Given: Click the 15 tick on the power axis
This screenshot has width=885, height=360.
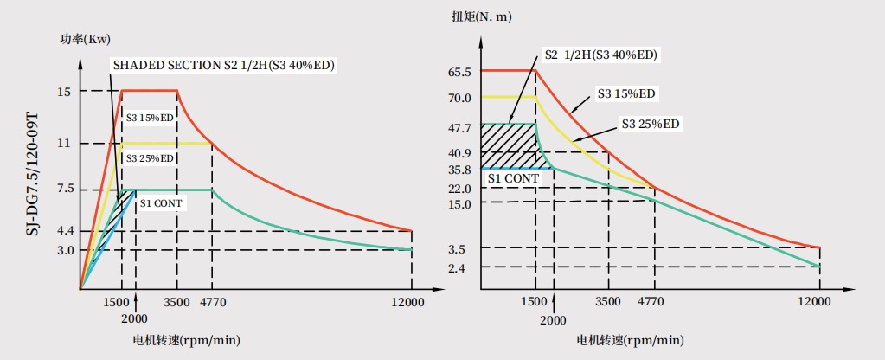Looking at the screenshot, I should (64, 91).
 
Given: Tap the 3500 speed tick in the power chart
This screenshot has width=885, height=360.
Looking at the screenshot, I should (177, 301).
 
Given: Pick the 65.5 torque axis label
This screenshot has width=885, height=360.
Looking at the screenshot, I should (459, 72).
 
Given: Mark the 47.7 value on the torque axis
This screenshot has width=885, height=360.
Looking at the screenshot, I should (459, 128).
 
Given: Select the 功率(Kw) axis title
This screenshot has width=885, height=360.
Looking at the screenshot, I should (86, 39).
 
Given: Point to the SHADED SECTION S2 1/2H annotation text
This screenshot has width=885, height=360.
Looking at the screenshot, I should (224, 66).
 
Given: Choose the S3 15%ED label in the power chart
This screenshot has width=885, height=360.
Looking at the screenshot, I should (150, 118).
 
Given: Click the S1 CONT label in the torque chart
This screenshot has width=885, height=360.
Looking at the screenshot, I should (513, 178).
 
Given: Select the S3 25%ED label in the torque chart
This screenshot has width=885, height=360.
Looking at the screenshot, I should (651, 125).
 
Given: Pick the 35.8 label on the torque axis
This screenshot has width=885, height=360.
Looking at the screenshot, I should (459, 170).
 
